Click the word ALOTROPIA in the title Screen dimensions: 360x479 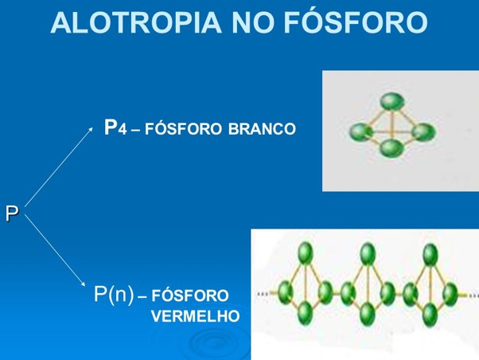132,23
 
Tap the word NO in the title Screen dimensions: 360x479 253,23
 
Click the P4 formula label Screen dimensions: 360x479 116,127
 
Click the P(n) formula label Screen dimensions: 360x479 114,295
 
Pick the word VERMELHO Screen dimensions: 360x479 195,315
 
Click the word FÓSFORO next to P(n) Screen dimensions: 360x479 189,295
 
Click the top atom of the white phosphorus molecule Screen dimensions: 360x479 389,102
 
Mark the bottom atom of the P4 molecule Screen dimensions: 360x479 390,149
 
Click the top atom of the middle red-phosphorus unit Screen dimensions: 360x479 367,253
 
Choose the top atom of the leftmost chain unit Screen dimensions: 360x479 304,253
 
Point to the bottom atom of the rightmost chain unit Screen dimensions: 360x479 431,312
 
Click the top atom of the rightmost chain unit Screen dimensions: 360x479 430,254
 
